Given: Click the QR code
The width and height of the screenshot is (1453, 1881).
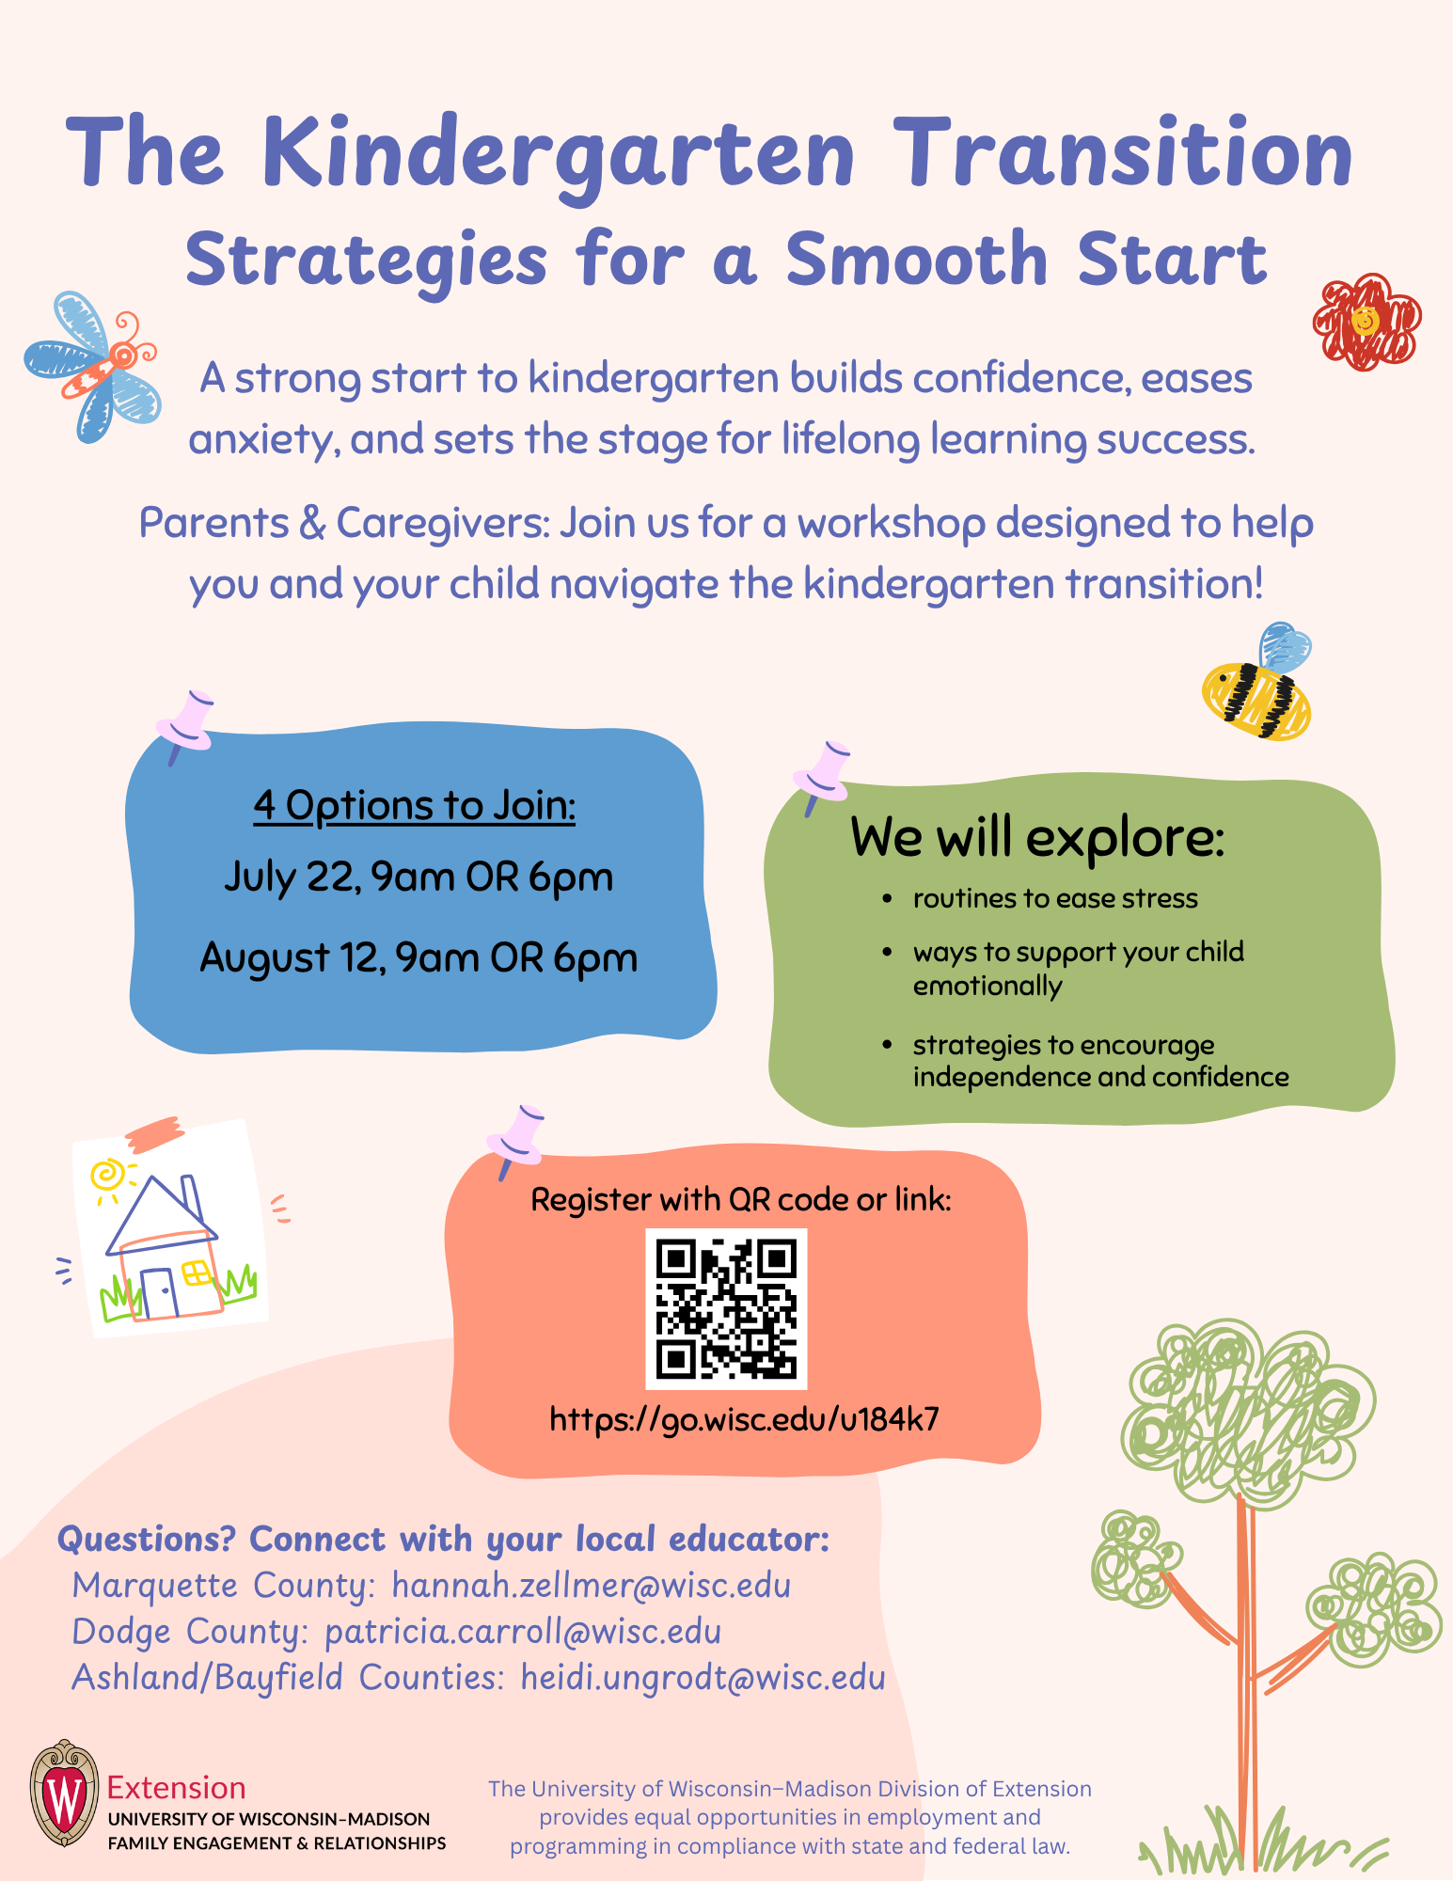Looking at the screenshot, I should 726,1308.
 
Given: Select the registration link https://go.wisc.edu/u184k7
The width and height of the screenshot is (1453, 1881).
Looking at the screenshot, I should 744,1418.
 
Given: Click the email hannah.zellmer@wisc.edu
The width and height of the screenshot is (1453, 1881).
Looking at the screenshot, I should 591,1586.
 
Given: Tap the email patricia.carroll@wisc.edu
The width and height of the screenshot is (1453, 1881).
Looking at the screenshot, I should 523,1632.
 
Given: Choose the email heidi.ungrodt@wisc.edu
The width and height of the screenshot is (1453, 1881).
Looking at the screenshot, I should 703,1678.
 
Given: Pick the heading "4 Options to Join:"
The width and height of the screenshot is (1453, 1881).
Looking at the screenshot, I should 414,806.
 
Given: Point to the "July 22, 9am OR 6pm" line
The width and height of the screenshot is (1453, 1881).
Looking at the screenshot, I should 419,877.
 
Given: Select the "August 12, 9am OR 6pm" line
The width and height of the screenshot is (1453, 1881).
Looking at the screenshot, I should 419,957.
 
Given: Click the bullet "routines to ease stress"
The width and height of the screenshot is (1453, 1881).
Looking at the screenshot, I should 1054,899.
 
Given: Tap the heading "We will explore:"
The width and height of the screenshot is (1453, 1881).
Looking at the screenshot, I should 1037,836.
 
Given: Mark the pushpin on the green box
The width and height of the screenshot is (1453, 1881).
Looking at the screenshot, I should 822,774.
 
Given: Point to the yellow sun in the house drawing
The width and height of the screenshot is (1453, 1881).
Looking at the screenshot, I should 105,1176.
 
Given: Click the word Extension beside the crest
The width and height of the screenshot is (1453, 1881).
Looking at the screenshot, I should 177,1787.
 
